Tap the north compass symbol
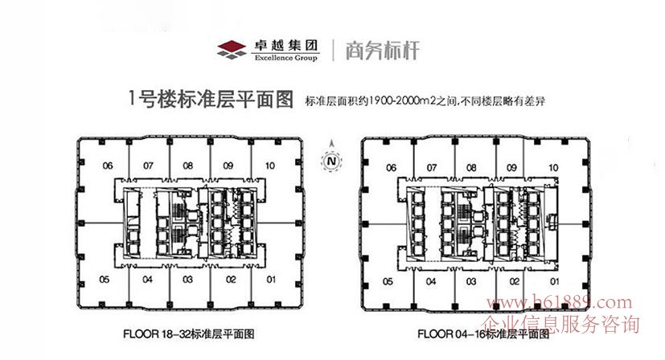coord(330,161)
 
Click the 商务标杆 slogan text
coord(382,50)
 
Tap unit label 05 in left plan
coord(105,280)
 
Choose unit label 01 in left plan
coord(272,280)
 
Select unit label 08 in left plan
coord(189,166)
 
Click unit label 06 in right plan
coord(391,168)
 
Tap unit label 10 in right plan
coord(553,168)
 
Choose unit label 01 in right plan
coord(555,282)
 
